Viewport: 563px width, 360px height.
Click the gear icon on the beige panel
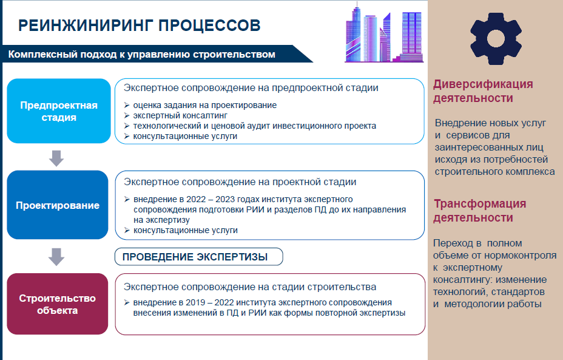(x=496, y=39)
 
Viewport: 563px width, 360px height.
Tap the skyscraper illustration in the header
(x=384, y=32)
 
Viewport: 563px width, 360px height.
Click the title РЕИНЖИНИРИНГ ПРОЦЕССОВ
(x=140, y=25)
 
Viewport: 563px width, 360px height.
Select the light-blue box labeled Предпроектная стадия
(x=59, y=111)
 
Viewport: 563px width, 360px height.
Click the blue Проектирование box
(x=58, y=205)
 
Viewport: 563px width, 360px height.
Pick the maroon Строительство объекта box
(x=58, y=304)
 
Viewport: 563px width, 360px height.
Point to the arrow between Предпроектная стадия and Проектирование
(x=56, y=158)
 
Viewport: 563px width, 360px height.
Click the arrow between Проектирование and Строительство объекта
(x=56, y=257)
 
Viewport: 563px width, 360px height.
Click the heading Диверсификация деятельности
(x=483, y=91)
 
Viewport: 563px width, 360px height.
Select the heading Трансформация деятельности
(x=479, y=211)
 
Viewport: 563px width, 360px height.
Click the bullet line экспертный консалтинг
(x=180, y=115)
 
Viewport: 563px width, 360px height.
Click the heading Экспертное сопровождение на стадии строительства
(x=250, y=287)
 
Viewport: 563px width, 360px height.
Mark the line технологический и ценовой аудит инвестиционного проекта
(x=255, y=126)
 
